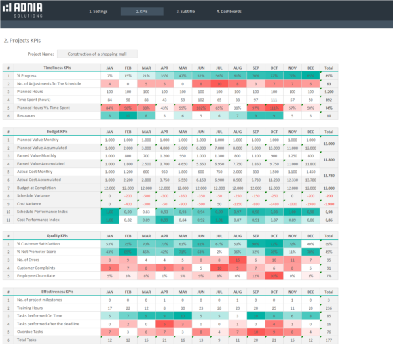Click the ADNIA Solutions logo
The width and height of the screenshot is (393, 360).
(22, 11)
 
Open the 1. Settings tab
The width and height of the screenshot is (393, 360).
(98, 12)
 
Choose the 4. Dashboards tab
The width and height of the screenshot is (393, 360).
(229, 12)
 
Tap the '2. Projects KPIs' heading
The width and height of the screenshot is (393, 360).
(26, 40)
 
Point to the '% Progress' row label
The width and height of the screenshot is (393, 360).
(28, 76)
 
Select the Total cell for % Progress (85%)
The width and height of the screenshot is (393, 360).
(328, 76)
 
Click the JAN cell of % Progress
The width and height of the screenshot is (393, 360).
(109, 76)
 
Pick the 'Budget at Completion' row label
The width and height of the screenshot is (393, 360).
(39, 188)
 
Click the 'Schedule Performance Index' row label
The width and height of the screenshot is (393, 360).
(43, 211)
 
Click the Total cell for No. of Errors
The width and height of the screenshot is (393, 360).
(328, 260)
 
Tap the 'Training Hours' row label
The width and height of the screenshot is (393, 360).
(30, 308)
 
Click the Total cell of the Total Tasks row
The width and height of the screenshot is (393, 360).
(328, 340)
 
